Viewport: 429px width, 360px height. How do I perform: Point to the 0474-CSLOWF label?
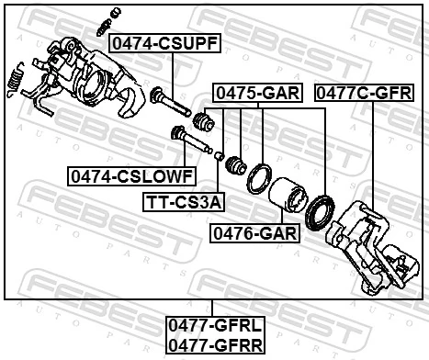click(x=130, y=174)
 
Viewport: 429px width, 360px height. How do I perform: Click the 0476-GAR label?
click(x=254, y=233)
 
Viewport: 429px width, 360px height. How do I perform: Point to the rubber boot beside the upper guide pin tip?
click(x=204, y=121)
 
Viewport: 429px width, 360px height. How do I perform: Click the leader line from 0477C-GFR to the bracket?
click(x=372, y=156)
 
